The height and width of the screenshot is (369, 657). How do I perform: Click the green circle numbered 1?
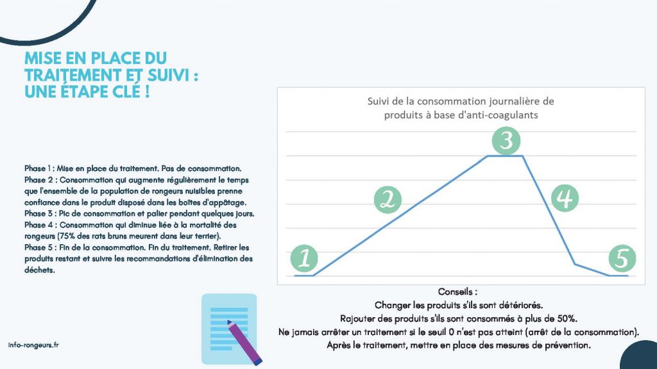pos(304,258)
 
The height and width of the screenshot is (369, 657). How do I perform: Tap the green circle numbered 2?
pos(388,200)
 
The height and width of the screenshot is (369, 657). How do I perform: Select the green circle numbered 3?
pos(506,140)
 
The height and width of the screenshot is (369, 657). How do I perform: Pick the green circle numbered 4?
pos(565,199)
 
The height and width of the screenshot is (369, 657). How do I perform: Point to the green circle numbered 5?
pos(622,258)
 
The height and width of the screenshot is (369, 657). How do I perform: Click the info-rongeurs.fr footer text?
pos(33,345)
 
